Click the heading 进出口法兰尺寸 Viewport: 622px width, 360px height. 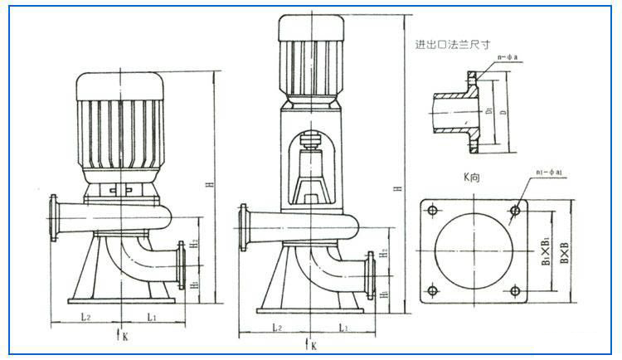[x=452, y=46]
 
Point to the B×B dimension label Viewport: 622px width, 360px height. [x=565, y=250]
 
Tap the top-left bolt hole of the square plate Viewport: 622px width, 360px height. [x=431, y=210]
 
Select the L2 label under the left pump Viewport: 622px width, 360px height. [x=85, y=317]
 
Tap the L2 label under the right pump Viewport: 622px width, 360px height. [x=277, y=328]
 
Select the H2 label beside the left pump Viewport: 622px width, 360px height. [x=192, y=244]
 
